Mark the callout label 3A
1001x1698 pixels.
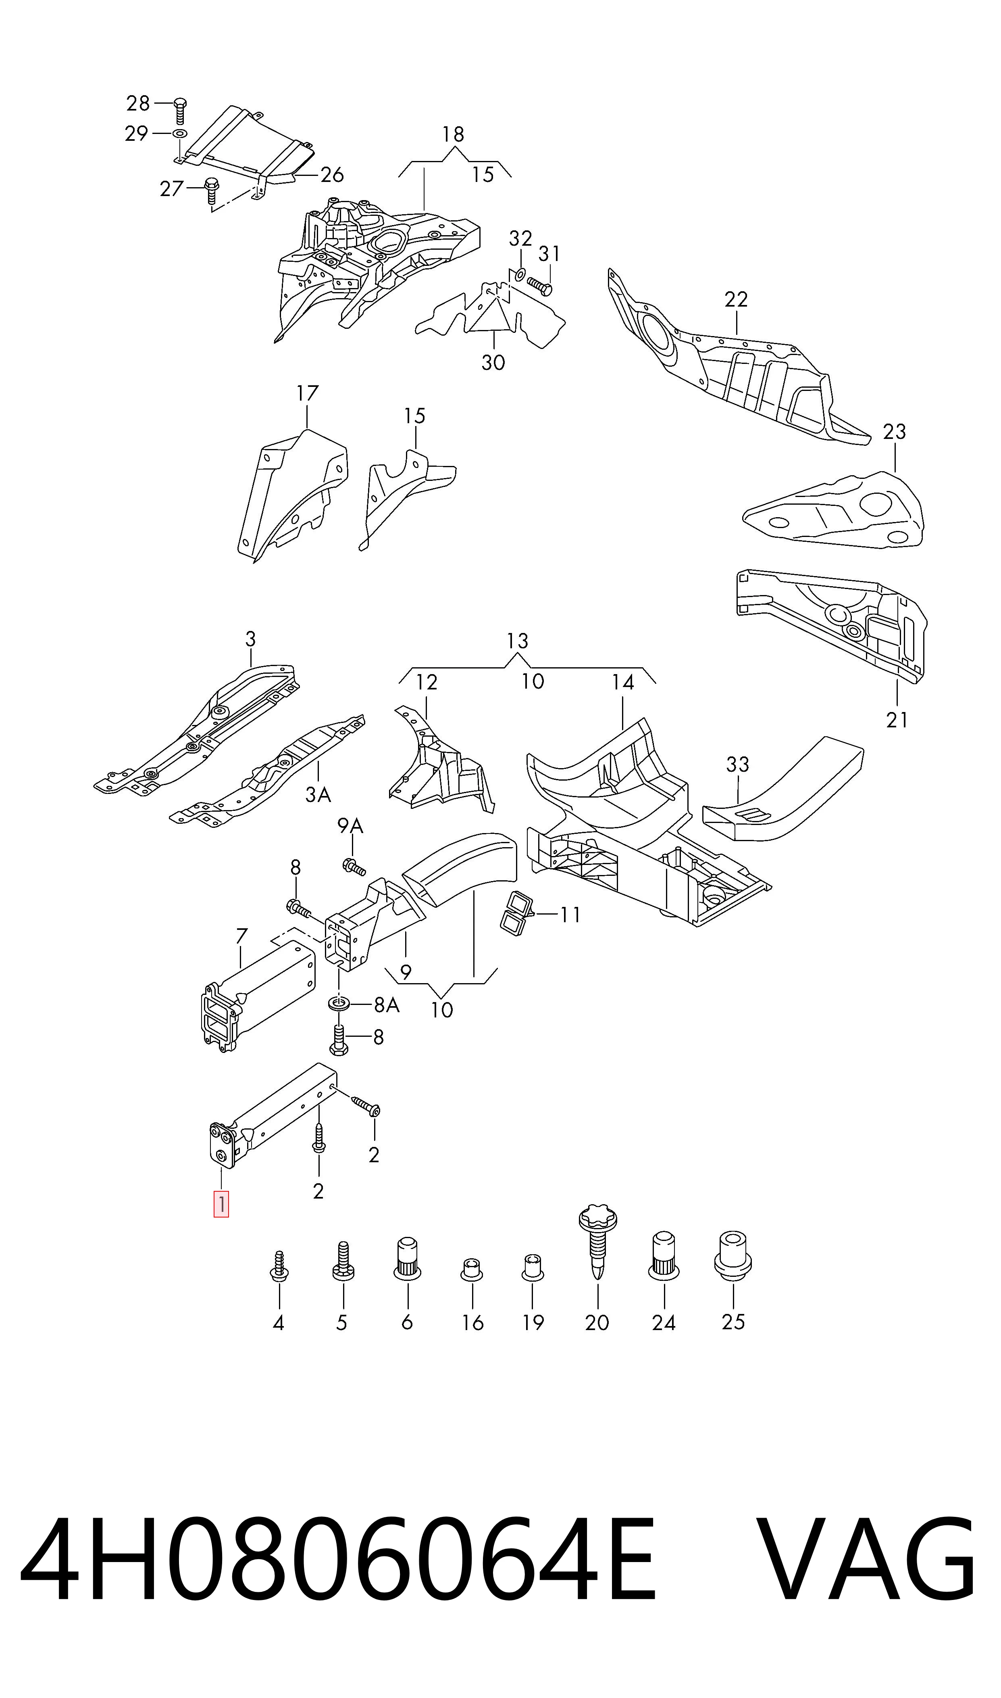coord(318,794)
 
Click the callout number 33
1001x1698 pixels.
coord(738,764)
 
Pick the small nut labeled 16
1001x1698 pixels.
coord(472,1269)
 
